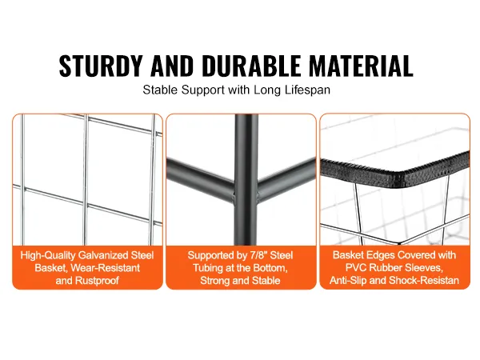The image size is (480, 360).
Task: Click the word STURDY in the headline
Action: pos(101,66)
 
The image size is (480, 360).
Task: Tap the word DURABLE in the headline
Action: pos(251,66)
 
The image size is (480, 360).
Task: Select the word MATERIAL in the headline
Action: pos(362,66)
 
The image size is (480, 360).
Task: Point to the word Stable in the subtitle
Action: pos(160,90)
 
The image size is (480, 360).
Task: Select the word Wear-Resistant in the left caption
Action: pos(105,268)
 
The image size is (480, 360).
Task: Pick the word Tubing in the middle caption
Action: pos(207,268)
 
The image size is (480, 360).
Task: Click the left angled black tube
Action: pos(201,180)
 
